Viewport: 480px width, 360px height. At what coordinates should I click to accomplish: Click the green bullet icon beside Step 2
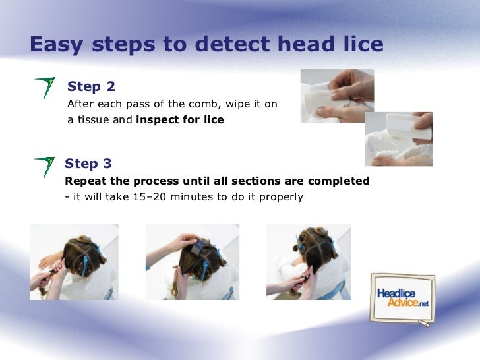pyautogui.click(x=44, y=88)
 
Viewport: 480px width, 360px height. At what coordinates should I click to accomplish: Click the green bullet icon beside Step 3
pyautogui.click(x=44, y=165)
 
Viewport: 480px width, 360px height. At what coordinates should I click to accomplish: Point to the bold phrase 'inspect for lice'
pyautogui.click(x=179, y=120)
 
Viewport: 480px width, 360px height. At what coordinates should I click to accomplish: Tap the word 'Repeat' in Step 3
pyautogui.click(x=83, y=181)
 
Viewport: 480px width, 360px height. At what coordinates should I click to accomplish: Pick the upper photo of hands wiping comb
pyautogui.click(x=337, y=96)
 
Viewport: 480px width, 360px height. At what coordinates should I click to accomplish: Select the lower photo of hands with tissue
pyautogui.click(x=398, y=138)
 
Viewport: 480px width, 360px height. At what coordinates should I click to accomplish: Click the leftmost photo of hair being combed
pyautogui.click(x=74, y=262)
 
